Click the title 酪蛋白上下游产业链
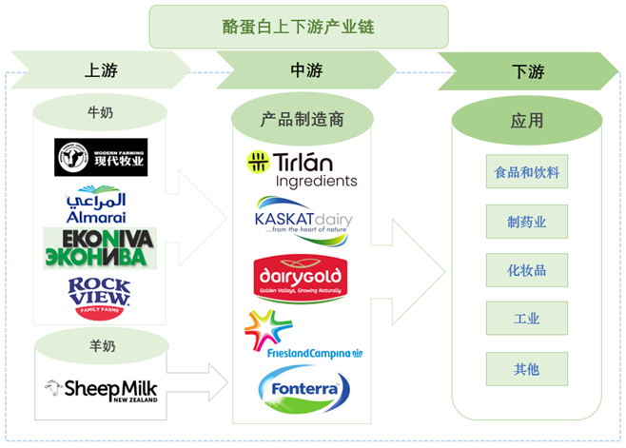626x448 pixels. pyautogui.click(x=298, y=27)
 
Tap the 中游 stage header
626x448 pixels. pyautogui.click(x=306, y=70)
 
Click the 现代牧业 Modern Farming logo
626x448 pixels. pyautogui.click(x=101, y=158)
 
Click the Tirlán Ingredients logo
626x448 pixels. pyautogui.click(x=303, y=169)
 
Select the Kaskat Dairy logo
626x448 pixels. pyautogui.click(x=303, y=221)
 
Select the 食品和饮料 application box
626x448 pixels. pyautogui.click(x=526, y=174)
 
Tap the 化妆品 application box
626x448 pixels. pyautogui.click(x=526, y=271)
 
